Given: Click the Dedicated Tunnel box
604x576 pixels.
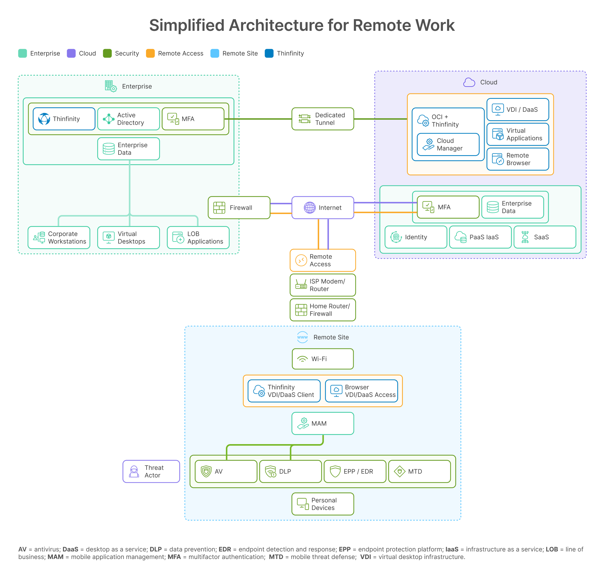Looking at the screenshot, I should [x=323, y=119].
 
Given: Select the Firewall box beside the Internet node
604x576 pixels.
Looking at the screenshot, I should [x=239, y=208].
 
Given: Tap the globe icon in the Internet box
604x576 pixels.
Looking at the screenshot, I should [x=310, y=208].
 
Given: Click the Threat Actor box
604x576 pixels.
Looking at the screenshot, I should [x=151, y=472].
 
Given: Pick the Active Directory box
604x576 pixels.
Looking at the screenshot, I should [x=128, y=119].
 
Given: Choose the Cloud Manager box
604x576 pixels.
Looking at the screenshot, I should [x=448, y=144].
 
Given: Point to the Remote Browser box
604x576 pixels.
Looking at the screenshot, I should [x=518, y=159].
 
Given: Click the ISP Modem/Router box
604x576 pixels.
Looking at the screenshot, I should [x=323, y=285].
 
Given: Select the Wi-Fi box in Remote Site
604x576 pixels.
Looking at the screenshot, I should [x=323, y=359].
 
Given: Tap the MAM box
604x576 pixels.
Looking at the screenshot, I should [x=323, y=424].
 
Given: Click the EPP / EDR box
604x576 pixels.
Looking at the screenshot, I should [x=355, y=472].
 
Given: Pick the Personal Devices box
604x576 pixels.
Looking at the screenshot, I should [x=323, y=504].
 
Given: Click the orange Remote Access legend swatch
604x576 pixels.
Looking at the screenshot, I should [x=150, y=54].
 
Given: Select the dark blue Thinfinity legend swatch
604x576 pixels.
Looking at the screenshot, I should [x=269, y=54].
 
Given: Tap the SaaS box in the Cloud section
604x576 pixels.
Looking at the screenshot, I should [x=545, y=237].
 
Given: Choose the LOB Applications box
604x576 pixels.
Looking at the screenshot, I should [x=198, y=238].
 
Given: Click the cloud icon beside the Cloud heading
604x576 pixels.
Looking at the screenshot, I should [x=469, y=82].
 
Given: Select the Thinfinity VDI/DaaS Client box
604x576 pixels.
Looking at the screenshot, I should [x=284, y=391].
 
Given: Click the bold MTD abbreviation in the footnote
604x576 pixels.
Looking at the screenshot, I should [x=276, y=557].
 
